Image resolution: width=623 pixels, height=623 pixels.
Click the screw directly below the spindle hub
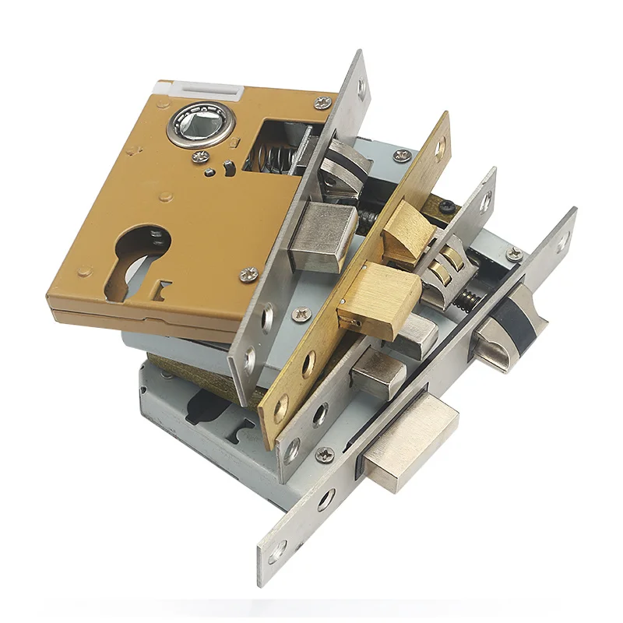(199, 157)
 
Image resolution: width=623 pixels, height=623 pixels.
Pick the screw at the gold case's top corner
(320, 102)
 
